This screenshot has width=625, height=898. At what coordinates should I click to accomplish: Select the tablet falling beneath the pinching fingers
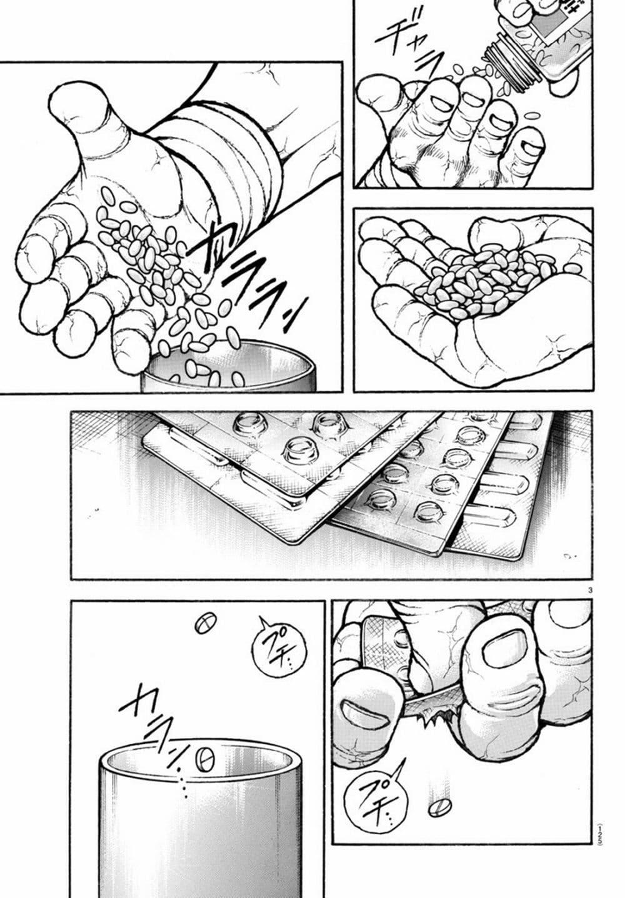tap(439, 807)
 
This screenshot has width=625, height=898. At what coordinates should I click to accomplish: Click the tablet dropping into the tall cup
tap(205, 760)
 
